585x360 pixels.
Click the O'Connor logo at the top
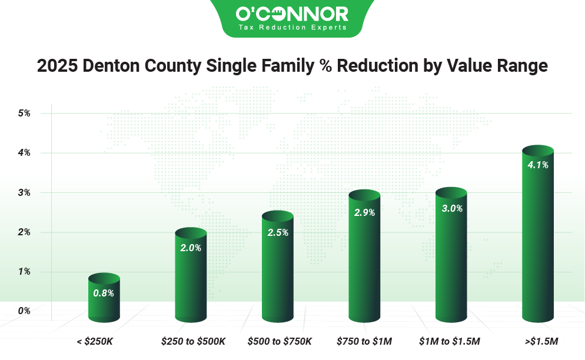292,14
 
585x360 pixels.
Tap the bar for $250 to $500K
191,276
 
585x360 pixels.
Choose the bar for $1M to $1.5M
451,256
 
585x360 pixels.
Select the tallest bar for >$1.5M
538,235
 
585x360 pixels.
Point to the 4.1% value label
538,165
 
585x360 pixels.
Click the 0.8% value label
104,292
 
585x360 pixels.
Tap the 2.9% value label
364,212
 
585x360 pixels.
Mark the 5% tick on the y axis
24,113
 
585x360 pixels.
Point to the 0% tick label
24,311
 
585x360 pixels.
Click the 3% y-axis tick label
24,192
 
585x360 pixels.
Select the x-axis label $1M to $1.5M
450,341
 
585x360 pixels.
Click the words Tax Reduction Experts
292,27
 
